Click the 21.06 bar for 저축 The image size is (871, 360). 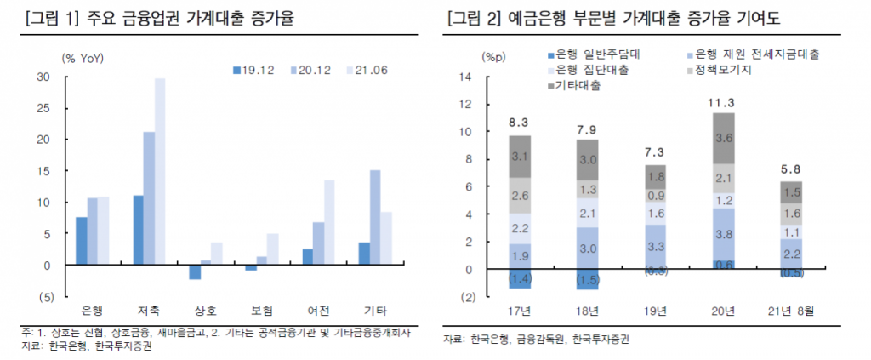click(160, 170)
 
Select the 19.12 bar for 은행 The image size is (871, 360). click(81, 241)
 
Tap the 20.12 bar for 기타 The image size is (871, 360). click(375, 217)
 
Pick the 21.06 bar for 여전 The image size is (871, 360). click(329, 222)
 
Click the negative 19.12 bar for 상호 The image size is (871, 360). click(195, 271)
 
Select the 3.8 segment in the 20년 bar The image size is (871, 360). click(724, 234)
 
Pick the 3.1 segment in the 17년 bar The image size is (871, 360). click(521, 157)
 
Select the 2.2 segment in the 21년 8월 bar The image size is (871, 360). click(791, 254)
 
